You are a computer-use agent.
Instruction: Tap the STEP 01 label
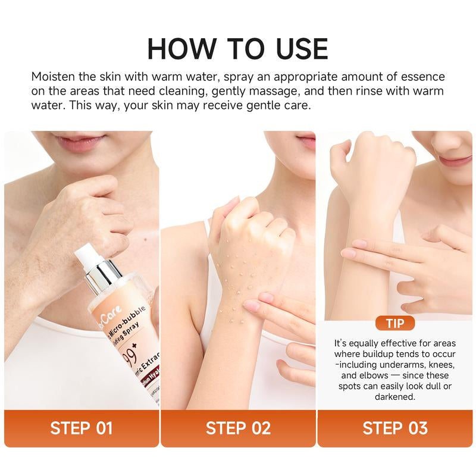click(x=82, y=428)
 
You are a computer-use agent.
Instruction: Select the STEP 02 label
click(x=238, y=428)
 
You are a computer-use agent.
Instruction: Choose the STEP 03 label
click(x=394, y=428)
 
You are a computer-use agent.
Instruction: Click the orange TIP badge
click(x=395, y=324)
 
